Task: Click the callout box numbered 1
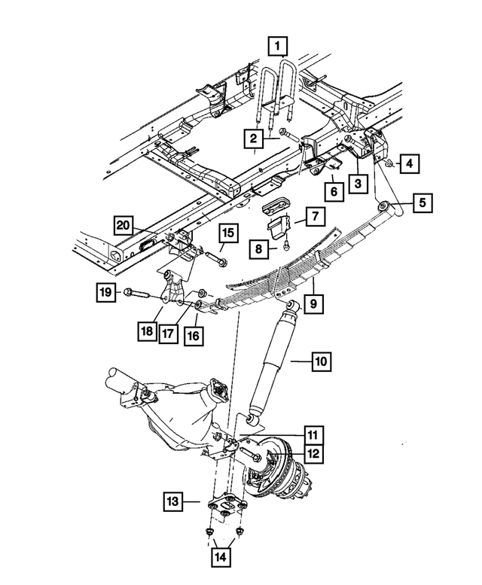(279, 47)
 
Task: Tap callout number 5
(422, 202)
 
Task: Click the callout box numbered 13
(173, 500)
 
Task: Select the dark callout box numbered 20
(125, 224)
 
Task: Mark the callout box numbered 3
(358, 182)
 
